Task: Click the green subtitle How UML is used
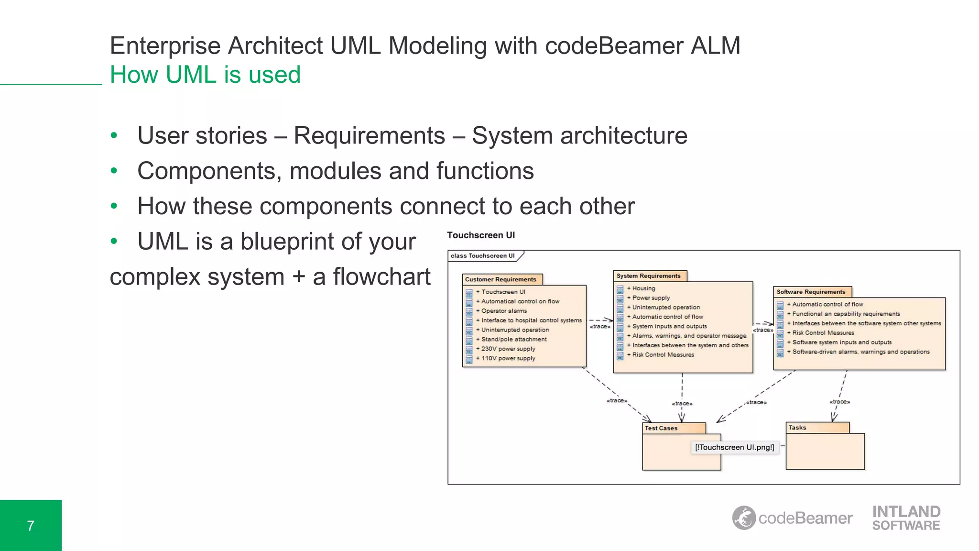click(205, 75)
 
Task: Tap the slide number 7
click(31, 526)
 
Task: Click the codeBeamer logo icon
click(744, 518)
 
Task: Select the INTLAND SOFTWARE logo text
click(906, 518)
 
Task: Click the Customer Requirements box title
click(500, 279)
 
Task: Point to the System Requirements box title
click(648, 276)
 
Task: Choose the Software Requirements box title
click(811, 292)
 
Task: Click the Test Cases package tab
click(661, 428)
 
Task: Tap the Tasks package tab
click(797, 428)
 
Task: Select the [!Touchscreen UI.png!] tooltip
click(734, 447)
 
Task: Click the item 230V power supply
click(508, 349)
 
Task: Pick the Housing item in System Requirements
click(643, 288)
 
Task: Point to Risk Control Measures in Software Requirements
click(823, 333)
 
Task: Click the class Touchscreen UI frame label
click(482, 256)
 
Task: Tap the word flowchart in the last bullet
click(381, 277)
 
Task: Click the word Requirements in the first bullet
click(369, 136)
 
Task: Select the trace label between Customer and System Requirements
click(600, 327)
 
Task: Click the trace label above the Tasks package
click(839, 402)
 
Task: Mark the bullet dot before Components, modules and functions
click(114, 171)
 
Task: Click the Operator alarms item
click(504, 311)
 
